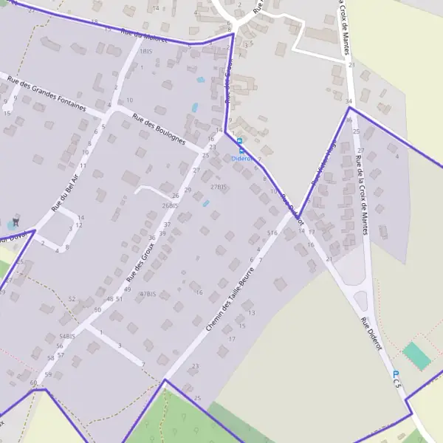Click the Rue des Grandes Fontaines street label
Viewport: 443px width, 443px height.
click(x=47, y=94)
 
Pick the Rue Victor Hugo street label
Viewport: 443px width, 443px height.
click(x=324, y=162)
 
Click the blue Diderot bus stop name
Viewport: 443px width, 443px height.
click(x=241, y=158)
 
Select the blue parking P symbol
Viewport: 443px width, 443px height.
click(x=396, y=374)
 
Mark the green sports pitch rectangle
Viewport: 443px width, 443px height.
click(x=417, y=357)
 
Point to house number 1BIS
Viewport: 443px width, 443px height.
click(x=146, y=51)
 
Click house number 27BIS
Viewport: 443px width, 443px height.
click(x=218, y=187)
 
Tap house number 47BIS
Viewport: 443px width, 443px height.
click(x=147, y=294)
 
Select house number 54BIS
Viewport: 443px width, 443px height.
click(x=66, y=336)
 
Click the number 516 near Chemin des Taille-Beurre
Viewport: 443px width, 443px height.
click(x=272, y=233)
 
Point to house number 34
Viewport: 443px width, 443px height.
click(x=348, y=100)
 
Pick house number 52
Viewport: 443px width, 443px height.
click(x=72, y=299)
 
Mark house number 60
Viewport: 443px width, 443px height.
click(x=33, y=382)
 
